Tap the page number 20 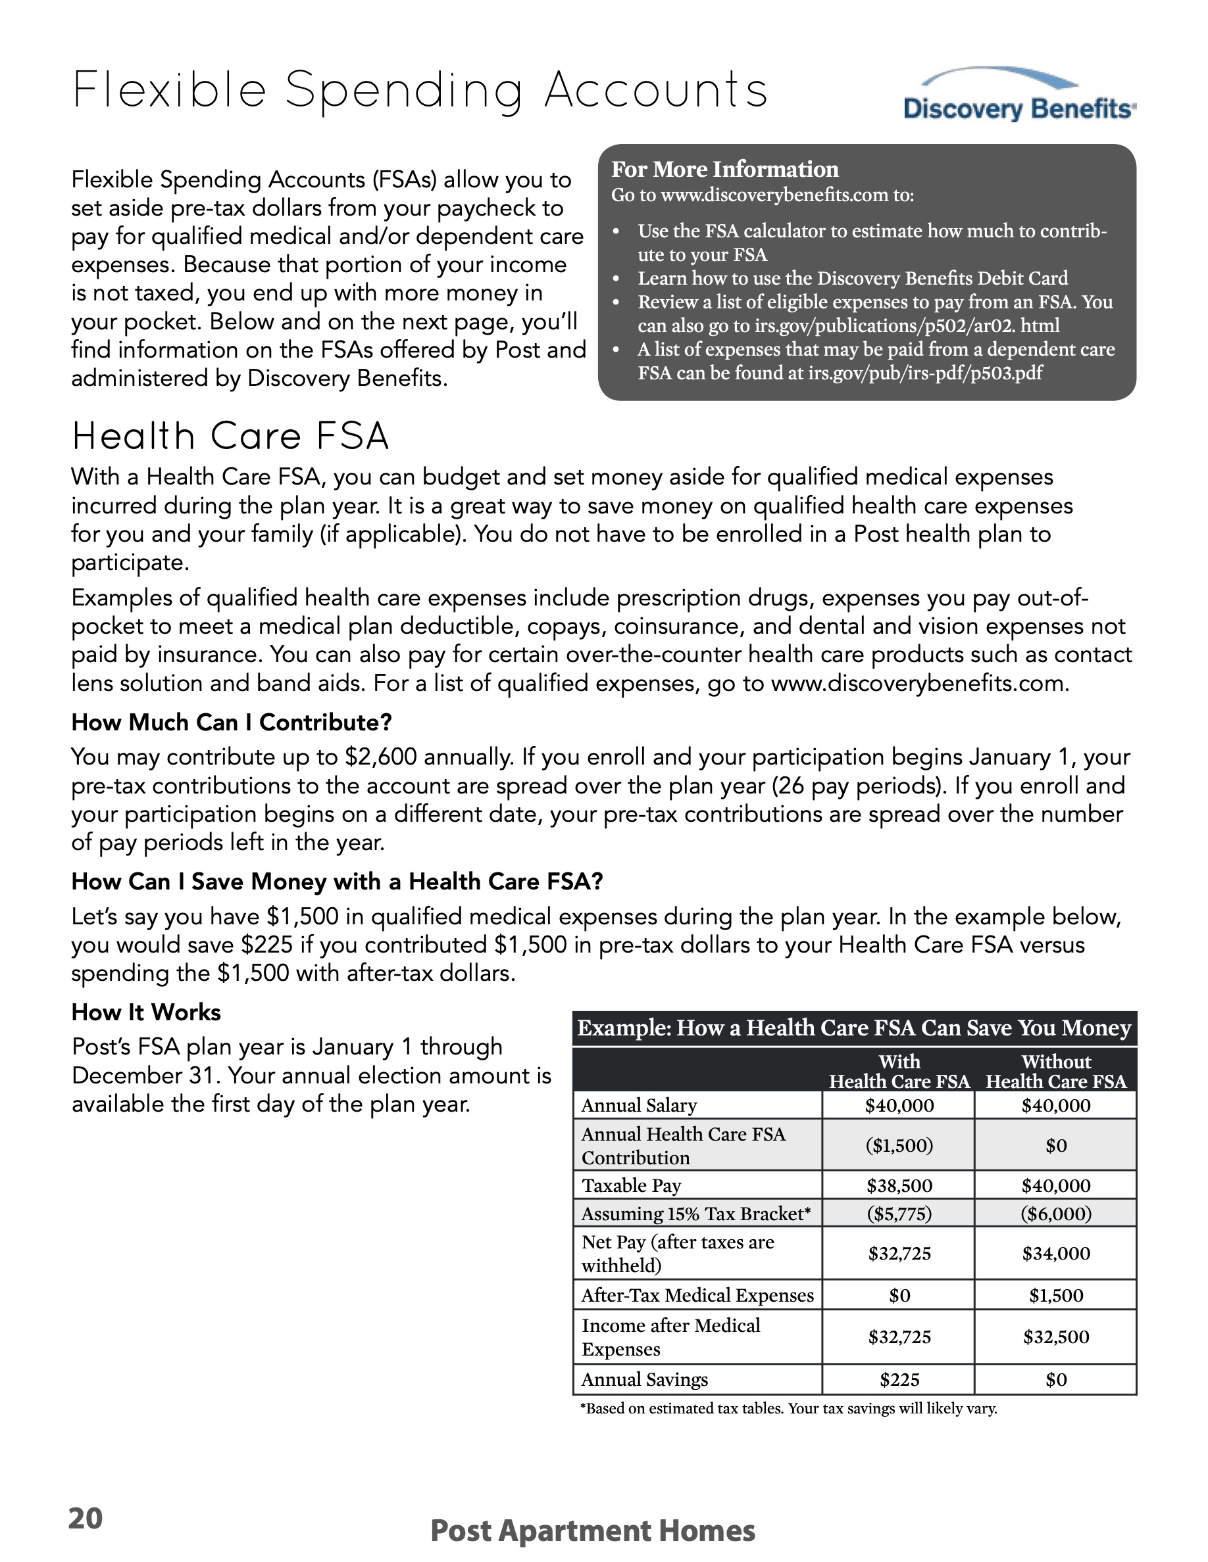85,1518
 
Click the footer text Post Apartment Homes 593,1530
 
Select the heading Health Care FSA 230,437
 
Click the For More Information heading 724,170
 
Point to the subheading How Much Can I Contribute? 232,722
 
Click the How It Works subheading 146,1012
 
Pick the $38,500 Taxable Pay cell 899,1185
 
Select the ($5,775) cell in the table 899,1213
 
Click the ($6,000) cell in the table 1055,1213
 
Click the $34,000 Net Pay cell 1055,1253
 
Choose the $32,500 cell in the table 1055,1337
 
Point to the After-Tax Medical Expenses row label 697,1295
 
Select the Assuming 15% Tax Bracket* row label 696,1213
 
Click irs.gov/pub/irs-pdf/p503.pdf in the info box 925,373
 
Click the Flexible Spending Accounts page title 420,91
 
